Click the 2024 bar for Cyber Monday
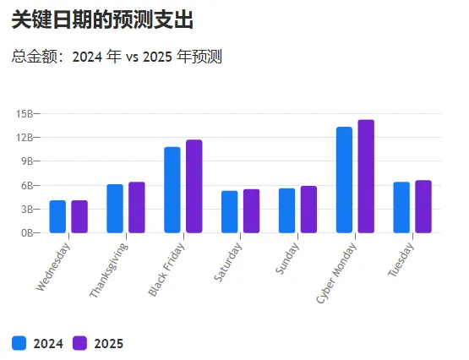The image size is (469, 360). [344, 180]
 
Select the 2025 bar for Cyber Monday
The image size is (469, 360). [366, 177]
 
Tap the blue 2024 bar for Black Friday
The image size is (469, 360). [172, 190]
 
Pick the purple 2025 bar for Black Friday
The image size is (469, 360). [194, 187]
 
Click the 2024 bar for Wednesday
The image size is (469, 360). [57, 216]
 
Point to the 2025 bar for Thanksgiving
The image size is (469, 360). [137, 208]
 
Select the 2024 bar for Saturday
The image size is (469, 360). [230, 212]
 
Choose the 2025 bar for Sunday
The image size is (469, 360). [308, 210]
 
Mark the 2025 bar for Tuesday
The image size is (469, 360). [423, 207]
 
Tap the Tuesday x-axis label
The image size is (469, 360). [402, 260]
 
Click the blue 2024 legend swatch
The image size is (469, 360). [19, 342]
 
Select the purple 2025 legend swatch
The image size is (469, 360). [80, 342]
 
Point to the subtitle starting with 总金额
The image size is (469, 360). [117, 57]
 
